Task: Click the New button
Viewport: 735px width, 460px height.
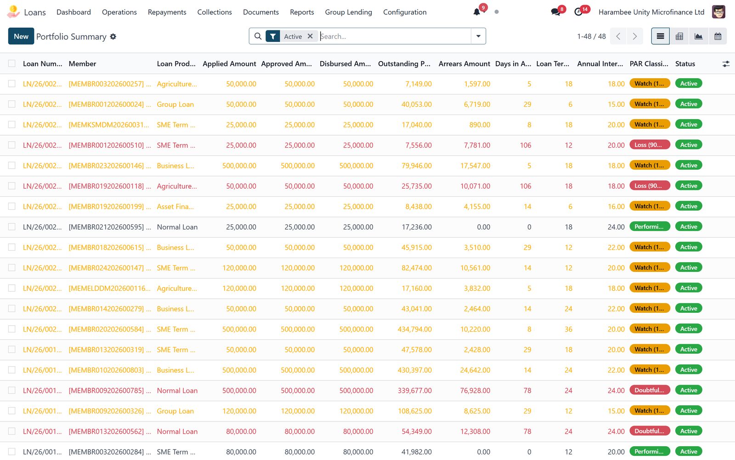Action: click(x=21, y=36)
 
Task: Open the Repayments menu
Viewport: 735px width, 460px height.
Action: click(x=167, y=12)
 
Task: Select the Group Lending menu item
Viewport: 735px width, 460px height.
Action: click(x=349, y=12)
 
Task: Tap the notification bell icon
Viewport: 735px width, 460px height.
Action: click(x=477, y=12)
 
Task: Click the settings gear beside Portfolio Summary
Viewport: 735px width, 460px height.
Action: click(x=113, y=36)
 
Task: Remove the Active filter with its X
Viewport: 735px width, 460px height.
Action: click(x=310, y=36)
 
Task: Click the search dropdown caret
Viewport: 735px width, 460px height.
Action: click(x=478, y=36)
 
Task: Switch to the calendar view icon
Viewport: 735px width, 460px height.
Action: click(x=718, y=36)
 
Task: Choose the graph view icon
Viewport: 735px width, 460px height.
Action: click(x=699, y=36)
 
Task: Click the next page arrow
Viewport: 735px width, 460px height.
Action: click(x=634, y=36)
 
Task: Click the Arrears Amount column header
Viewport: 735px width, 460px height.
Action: click(x=464, y=64)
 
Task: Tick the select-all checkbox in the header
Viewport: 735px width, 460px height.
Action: click(x=12, y=63)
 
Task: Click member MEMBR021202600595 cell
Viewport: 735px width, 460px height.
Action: click(x=110, y=227)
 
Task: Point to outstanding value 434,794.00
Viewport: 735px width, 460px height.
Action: click(x=414, y=329)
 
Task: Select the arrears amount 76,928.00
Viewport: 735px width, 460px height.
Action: click(x=475, y=391)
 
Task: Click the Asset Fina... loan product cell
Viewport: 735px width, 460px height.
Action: click(x=175, y=207)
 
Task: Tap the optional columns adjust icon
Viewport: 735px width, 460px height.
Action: click(x=726, y=64)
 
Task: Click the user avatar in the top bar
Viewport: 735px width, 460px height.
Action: click(x=718, y=12)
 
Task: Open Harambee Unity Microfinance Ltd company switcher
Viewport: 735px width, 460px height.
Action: click(x=651, y=12)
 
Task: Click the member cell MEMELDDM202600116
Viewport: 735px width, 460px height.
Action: click(x=110, y=288)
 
